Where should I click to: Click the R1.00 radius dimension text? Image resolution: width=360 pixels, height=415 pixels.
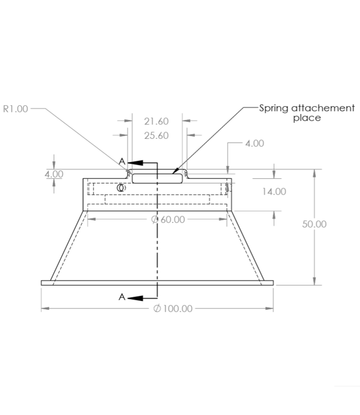[x=16, y=108]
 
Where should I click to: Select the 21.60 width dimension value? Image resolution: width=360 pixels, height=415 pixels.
[x=156, y=121]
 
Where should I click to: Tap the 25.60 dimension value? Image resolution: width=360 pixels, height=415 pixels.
[x=156, y=136]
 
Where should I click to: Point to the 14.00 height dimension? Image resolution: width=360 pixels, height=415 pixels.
[x=275, y=191]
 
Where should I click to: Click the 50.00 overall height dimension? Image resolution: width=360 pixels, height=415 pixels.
[x=314, y=224]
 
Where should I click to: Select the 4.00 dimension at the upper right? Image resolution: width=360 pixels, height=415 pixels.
[x=254, y=143]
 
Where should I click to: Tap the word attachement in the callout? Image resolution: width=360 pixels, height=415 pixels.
[x=323, y=108]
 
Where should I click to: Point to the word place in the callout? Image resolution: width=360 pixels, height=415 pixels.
[x=307, y=118]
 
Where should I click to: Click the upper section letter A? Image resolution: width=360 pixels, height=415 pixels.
[x=122, y=161]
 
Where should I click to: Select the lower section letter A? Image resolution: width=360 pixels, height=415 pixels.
[x=122, y=297]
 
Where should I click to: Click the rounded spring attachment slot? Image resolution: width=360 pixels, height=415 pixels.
[x=157, y=178]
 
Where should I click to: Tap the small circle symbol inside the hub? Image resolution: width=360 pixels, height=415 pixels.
[x=121, y=188]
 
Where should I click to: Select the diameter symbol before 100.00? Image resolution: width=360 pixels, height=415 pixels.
[x=157, y=308]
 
